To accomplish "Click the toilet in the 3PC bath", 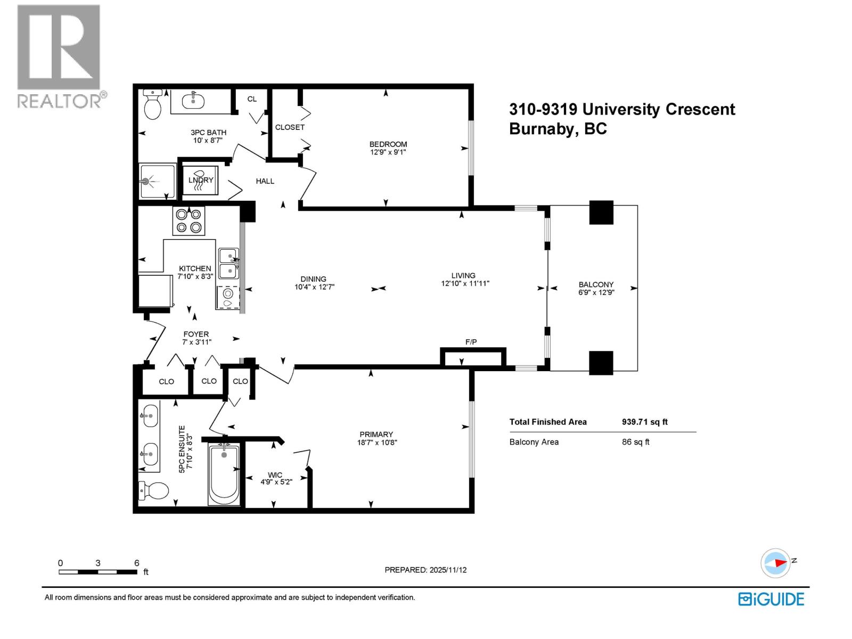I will (153, 106).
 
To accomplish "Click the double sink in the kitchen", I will (229, 263).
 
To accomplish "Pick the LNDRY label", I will (201, 180).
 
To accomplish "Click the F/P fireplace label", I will (471, 342).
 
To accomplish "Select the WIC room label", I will (275, 475).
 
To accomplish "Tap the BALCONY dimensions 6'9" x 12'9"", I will (596, 292).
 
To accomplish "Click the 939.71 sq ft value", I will (644, 422).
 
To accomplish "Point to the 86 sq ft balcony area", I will (635, 442).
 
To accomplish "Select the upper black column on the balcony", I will (601, 212).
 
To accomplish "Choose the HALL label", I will (265, 181).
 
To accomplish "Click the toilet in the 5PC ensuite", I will (153, 490).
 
